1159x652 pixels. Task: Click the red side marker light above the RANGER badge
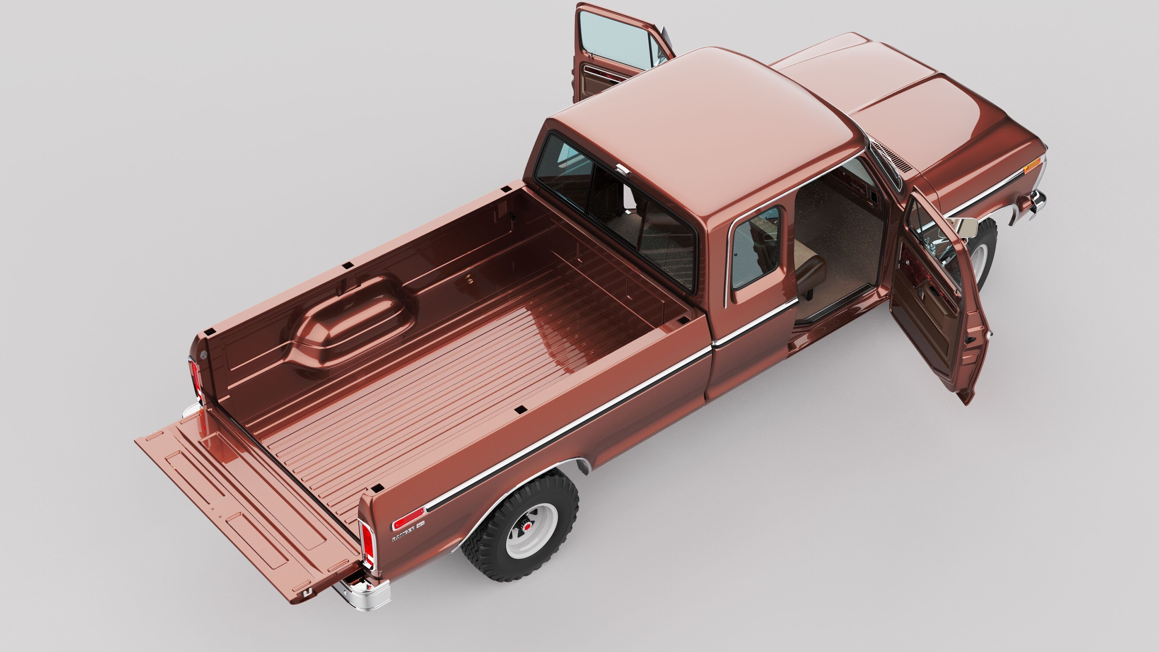408,519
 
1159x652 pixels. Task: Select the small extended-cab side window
755,247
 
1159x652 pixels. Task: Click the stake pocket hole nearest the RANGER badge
378,488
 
